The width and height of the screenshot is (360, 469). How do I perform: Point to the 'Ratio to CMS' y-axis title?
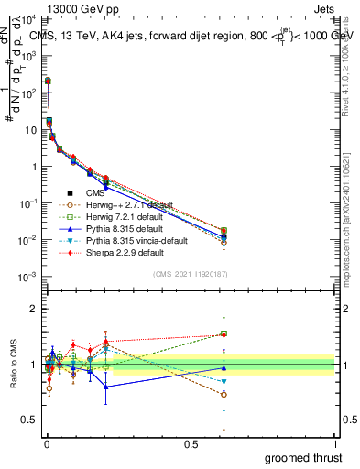pyautogui.click(x=12, y=365)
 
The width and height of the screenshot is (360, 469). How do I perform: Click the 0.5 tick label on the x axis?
pyautogui.click(x=190, y=443)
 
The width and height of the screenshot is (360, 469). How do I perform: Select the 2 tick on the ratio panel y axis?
pyautogui.click(x=33, y=309)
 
